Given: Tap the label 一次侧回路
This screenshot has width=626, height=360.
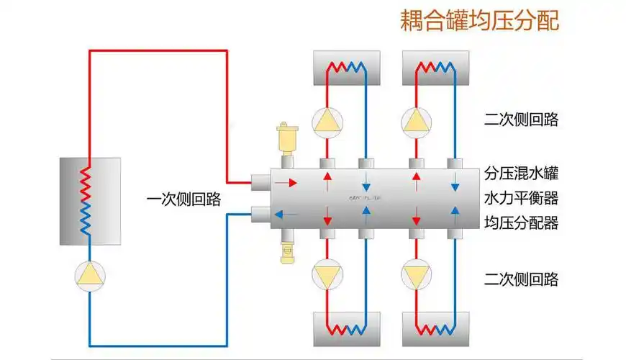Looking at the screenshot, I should (183, 199).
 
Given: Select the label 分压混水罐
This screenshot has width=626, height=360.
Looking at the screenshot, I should (521, 174).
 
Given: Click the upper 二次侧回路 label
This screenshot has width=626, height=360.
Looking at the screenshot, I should (521, 120).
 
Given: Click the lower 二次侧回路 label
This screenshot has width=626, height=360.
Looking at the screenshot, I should (521, 279).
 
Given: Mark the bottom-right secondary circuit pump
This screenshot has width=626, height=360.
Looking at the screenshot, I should (416, 275).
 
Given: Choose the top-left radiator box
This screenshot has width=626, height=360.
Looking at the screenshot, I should (345, 68).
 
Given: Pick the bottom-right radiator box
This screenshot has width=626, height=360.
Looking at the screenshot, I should (435, 329).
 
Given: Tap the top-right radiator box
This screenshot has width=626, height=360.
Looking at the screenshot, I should (435, 68).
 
